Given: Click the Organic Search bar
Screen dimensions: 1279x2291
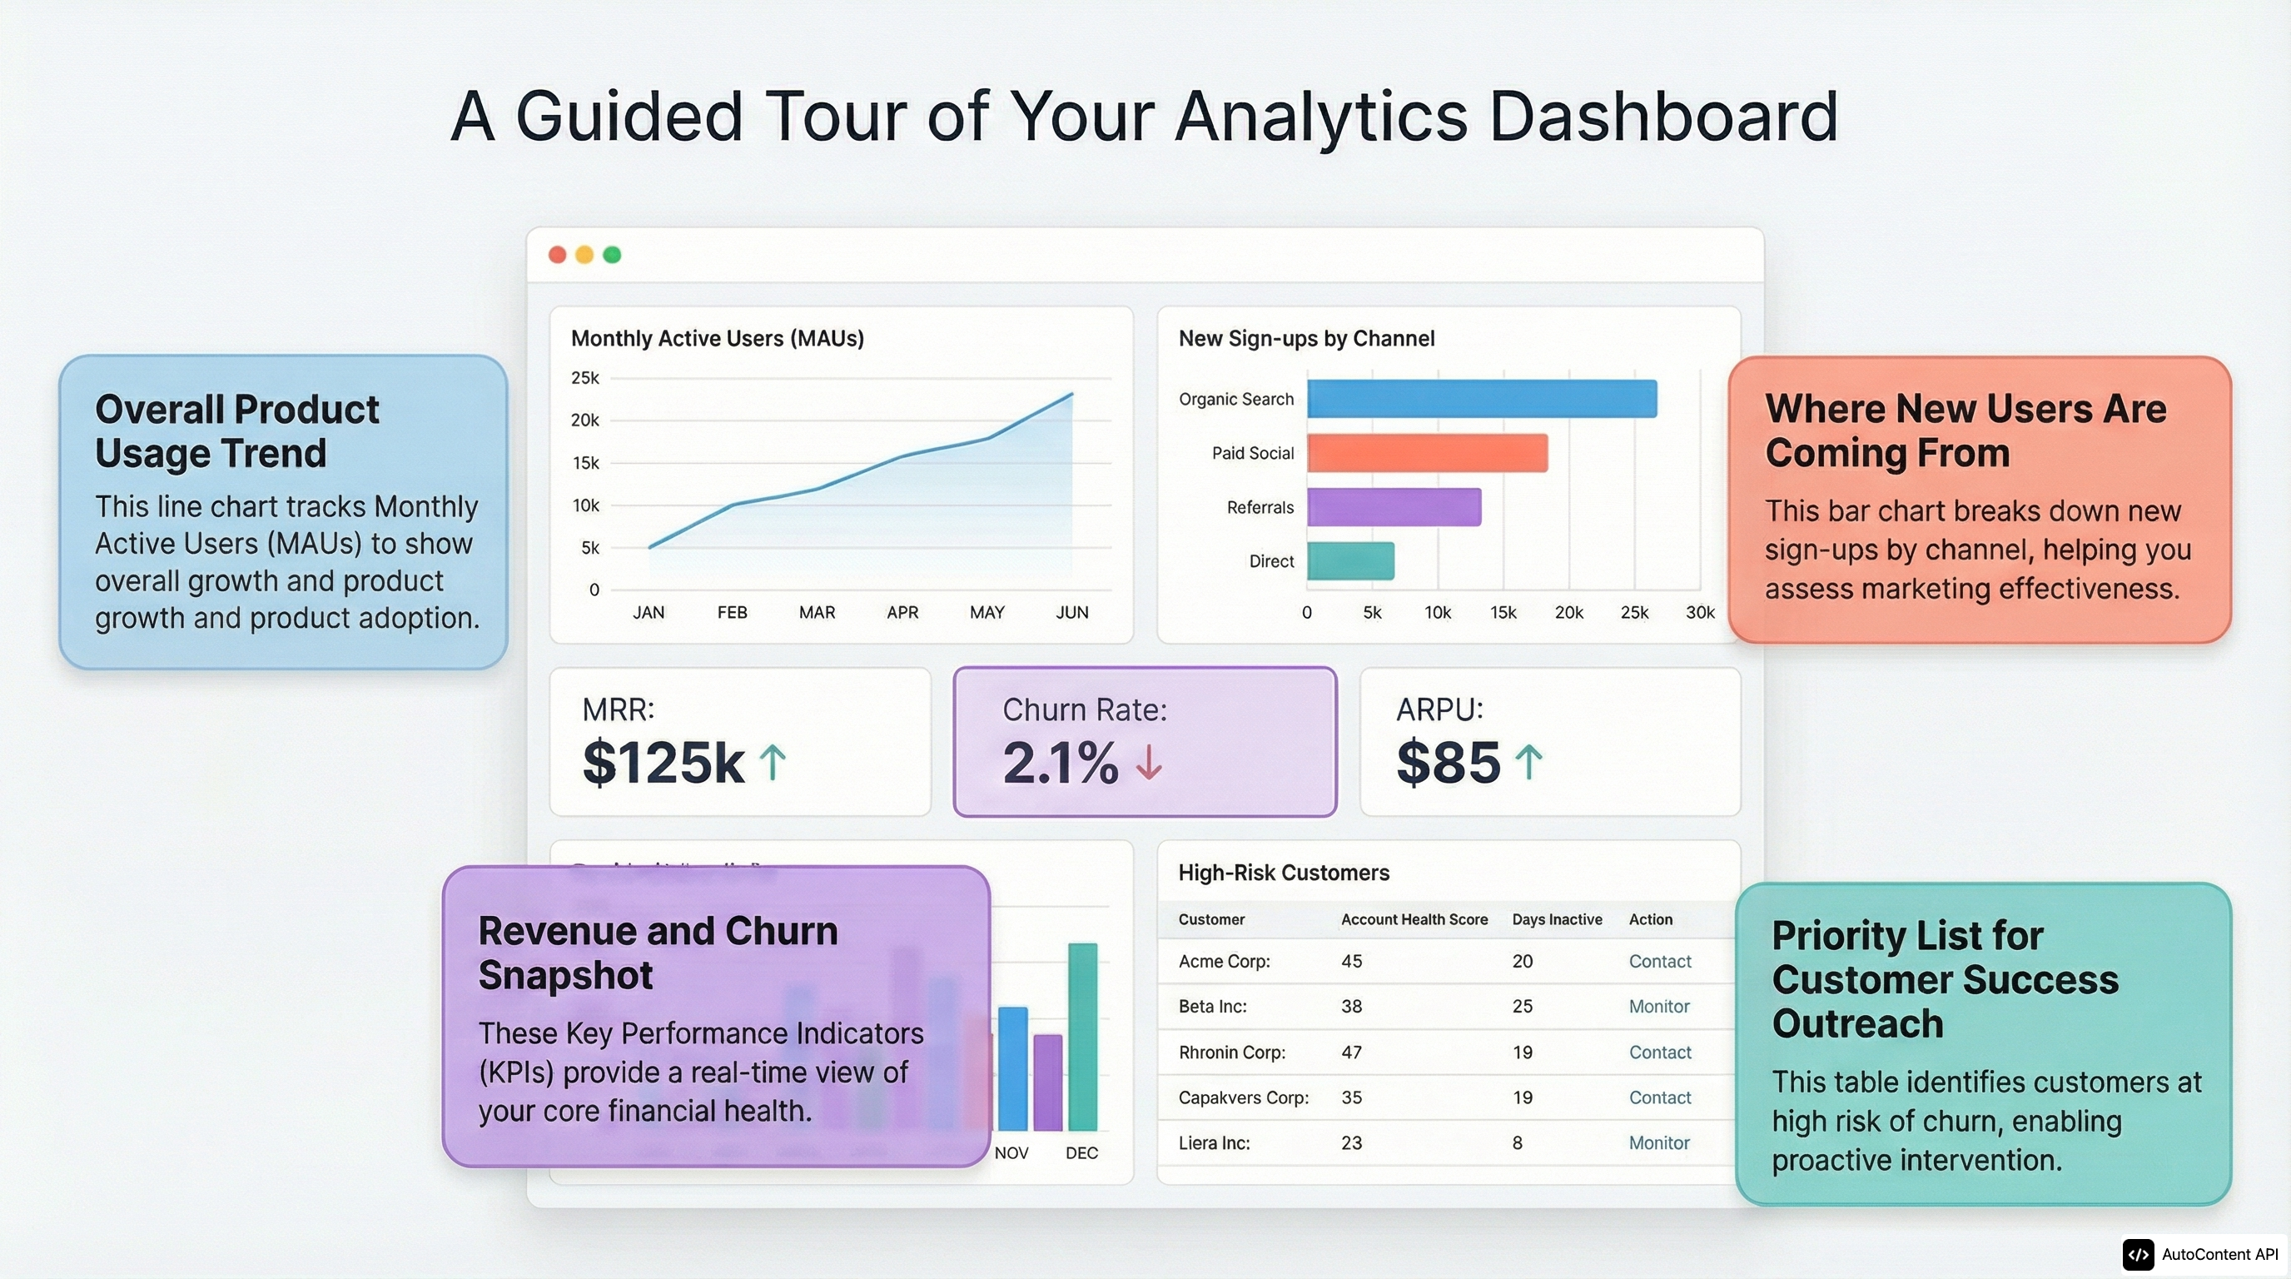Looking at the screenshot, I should coord(1482,399).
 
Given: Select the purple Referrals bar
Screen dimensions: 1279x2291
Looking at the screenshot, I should coord(1394,507).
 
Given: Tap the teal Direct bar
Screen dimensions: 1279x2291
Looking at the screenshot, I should coord(1350,561).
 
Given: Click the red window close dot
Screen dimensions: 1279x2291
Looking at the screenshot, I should coord(558,256).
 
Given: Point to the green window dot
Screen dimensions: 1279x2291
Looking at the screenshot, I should coord(612,256).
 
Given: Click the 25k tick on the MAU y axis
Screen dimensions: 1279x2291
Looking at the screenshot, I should coord(585,378).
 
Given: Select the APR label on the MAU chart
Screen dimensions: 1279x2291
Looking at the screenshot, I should coord(902,612).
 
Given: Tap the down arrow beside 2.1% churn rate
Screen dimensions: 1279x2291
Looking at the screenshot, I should coord(1149,763).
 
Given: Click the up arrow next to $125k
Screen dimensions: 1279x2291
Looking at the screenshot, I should coord(773,763).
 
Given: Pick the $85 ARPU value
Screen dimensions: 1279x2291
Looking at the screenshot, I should coord(1448,763).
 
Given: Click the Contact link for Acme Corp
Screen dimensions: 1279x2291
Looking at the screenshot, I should coord(1659,962).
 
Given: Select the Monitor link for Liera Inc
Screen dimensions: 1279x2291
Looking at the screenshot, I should coord(1658,1143).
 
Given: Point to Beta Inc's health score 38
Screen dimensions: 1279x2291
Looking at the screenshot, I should coord(1351,1007).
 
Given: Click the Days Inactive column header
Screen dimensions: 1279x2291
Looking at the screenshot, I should coord(1557,919).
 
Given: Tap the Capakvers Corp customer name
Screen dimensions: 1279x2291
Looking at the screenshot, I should coord(1242,1097).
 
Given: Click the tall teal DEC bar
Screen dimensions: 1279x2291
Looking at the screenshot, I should coord(1082,1036).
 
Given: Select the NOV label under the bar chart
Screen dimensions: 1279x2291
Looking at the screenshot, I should coord(1011,1152).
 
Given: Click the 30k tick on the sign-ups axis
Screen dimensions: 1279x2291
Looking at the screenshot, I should coord(1700,612).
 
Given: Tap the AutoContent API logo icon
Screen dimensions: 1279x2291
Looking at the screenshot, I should coord(2138,1254).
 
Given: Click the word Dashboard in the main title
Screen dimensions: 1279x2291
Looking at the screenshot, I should coord(1662,117).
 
